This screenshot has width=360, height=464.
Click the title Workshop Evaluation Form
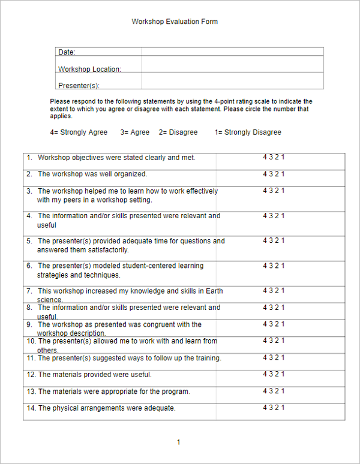[175, 22]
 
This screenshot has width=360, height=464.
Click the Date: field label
[67, 53]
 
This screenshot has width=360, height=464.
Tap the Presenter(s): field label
[79, 86]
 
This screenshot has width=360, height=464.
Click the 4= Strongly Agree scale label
[79, 132]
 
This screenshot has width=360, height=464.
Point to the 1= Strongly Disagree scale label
[248, 132]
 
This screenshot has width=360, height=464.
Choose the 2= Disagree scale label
[178, 132]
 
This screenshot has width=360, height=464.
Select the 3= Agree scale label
[135, 132]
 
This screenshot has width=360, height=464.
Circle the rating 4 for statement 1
[265, 158]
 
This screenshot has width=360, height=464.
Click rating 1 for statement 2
[283, 174]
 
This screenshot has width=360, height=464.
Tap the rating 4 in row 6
[265, 266]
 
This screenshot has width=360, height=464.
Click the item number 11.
[31, 358]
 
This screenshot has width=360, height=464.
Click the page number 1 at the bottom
[178, 442]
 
